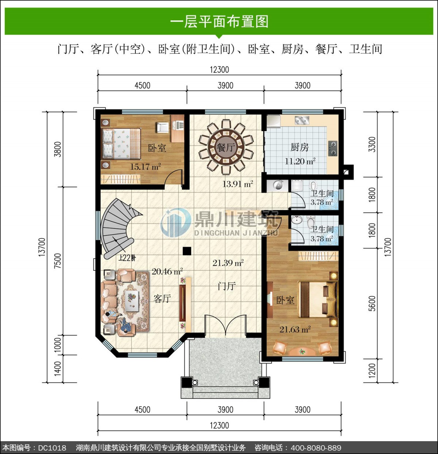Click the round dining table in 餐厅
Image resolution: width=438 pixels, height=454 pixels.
pos(226,147)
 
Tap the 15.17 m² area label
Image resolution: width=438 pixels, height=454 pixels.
pos(145,167)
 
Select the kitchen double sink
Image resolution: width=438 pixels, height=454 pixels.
pos(302,120)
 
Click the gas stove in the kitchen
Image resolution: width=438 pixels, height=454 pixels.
pos(333,149)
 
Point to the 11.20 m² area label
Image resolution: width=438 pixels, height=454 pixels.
pos(300,161)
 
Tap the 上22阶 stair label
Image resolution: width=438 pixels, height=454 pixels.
pos(127,258)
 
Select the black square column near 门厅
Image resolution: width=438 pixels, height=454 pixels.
pos(187,251)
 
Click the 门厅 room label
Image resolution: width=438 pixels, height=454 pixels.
pos(227,286)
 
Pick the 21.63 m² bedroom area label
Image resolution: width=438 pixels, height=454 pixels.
pos(295,330)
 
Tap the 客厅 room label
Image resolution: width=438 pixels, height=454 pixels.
pos(162,299)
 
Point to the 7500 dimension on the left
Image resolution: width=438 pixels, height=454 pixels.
pos(58,261)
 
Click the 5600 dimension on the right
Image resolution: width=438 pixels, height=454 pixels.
pos(373,304)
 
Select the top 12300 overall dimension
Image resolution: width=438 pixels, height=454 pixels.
pos(219,69)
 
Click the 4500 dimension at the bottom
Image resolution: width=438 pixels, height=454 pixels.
pos(142,409)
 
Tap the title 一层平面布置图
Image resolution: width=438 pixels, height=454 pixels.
pos(219,22)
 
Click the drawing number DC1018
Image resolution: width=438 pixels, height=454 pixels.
pos(52,448)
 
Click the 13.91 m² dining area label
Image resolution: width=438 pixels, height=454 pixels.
pos(238,184)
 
